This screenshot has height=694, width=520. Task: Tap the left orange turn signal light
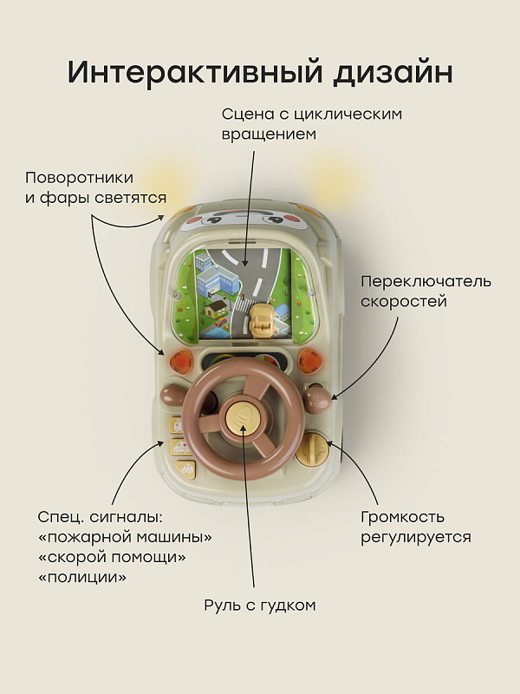pyautogui.click(x=182, y=360)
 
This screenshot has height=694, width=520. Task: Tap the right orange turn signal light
pyautogui.click(x=309, y=359)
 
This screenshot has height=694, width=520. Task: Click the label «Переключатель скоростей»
pyautogui.click(x=426, y=291)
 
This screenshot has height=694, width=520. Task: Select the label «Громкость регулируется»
pyautogui.click(x=415, y=527)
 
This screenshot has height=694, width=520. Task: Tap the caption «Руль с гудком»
pyautogui.click(x=259, y=605)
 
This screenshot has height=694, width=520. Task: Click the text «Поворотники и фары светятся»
pyautogui.click(x=95, y=187)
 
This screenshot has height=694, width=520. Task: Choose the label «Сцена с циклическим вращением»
pyautogui.click(x=311, y=124)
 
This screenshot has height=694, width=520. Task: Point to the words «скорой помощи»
pyautogui.click(x=112, y=557)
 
